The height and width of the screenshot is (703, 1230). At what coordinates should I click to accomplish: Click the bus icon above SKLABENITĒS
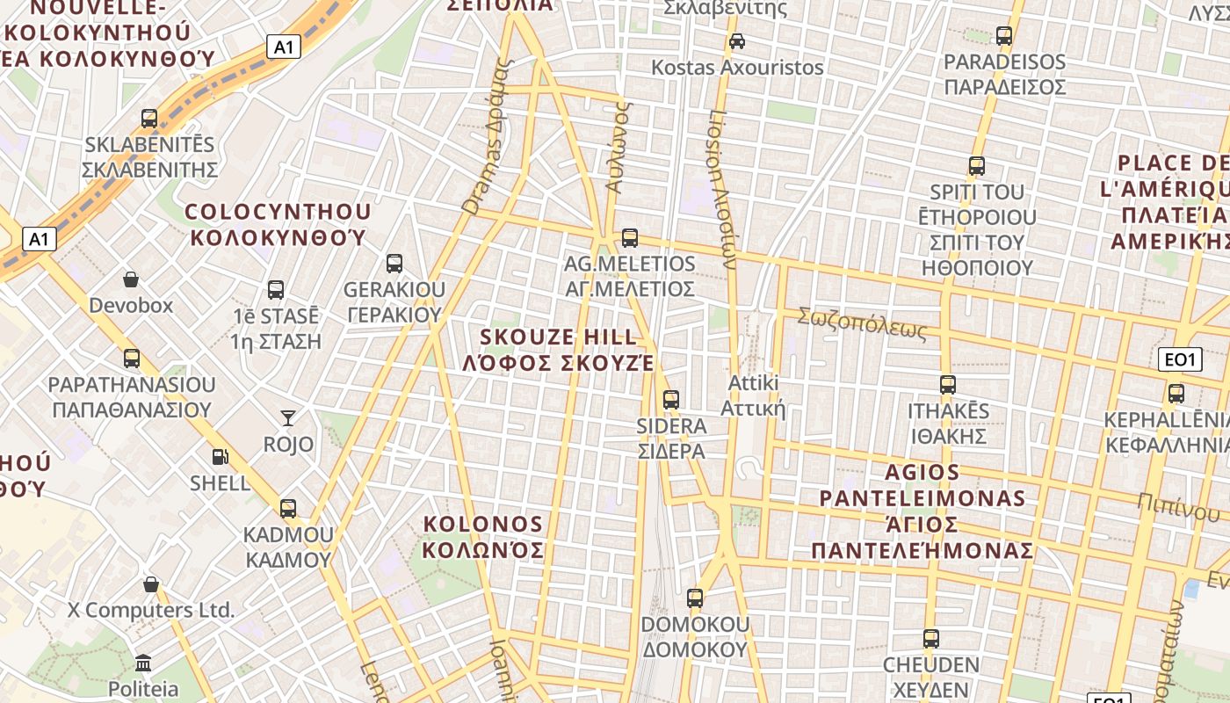[x=149, y=118]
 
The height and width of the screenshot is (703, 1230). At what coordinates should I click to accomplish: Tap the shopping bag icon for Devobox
[x=131, y=279]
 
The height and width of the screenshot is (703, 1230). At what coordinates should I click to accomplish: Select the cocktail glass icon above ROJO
[x=288, y=417]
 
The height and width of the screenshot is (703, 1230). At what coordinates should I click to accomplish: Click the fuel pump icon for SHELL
[x=220, y=456]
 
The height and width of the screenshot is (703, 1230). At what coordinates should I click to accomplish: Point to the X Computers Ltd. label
[x=151, y=610]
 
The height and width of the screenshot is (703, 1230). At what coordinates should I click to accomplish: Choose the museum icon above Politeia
[x=143, y=663]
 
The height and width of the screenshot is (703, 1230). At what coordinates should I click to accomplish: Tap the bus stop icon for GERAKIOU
[x=394, y=263]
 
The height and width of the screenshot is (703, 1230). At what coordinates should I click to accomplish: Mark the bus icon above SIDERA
[x=671, y=399]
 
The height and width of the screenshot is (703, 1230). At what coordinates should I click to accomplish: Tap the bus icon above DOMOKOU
[x=695, y=598]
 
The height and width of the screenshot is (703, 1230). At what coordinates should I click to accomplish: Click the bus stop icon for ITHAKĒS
[x=947, y=384]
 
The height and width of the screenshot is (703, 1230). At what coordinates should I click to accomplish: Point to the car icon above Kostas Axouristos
[x=737, y=40]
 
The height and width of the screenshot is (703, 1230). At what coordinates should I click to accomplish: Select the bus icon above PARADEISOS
[x=1004, y=36]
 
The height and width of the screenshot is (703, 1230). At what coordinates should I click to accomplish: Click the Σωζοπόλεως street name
[x=862, y=323]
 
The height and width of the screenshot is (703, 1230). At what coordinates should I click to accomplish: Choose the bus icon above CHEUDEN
[x=931, y=638]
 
